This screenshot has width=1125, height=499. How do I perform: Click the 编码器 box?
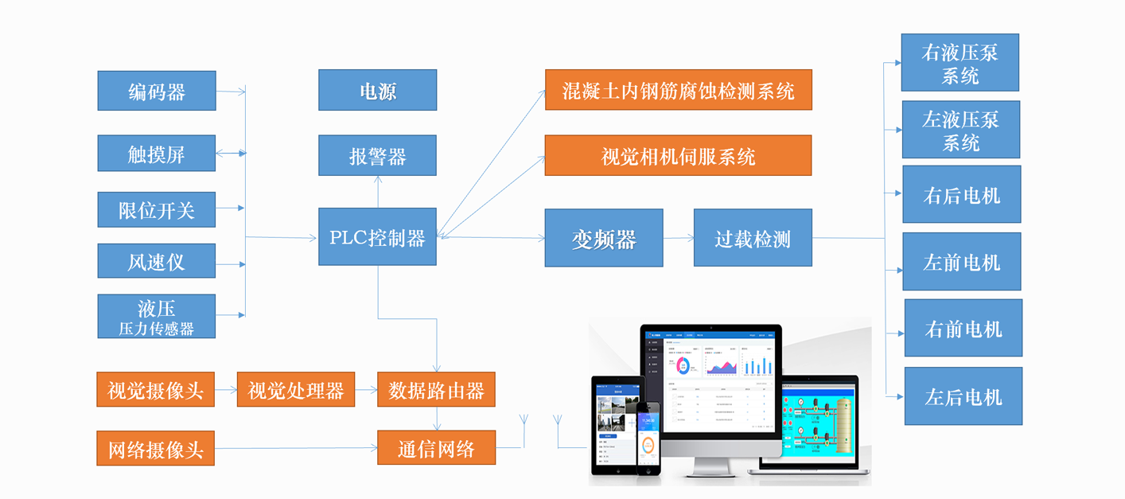point(157,91)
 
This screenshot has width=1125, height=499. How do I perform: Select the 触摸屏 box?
point(157,154)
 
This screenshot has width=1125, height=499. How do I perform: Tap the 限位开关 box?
point(157,209)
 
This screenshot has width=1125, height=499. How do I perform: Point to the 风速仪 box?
point(157,261)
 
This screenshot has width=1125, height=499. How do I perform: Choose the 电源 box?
point(377,90)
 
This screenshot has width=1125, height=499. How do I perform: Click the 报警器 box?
point(377,155)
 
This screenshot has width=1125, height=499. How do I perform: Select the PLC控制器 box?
point(377,237)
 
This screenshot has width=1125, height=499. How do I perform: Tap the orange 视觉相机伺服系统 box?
point(678,155)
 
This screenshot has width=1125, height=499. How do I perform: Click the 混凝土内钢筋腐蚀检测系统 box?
point(678,90)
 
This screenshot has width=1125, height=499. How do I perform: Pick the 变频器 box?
point(603,238)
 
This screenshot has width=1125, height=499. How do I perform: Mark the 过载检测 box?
point(753,238)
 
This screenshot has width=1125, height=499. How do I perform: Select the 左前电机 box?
point(961,262)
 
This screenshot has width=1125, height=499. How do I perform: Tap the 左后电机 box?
point(963,396)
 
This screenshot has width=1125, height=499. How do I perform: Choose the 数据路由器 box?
point(436,390)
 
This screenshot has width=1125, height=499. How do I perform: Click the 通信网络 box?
point(436,448)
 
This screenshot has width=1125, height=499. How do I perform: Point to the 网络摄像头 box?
point(155,449)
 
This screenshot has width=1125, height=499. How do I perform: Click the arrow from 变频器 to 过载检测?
point(678,238)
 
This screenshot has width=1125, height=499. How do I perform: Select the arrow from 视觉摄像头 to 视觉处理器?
point(225,390)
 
